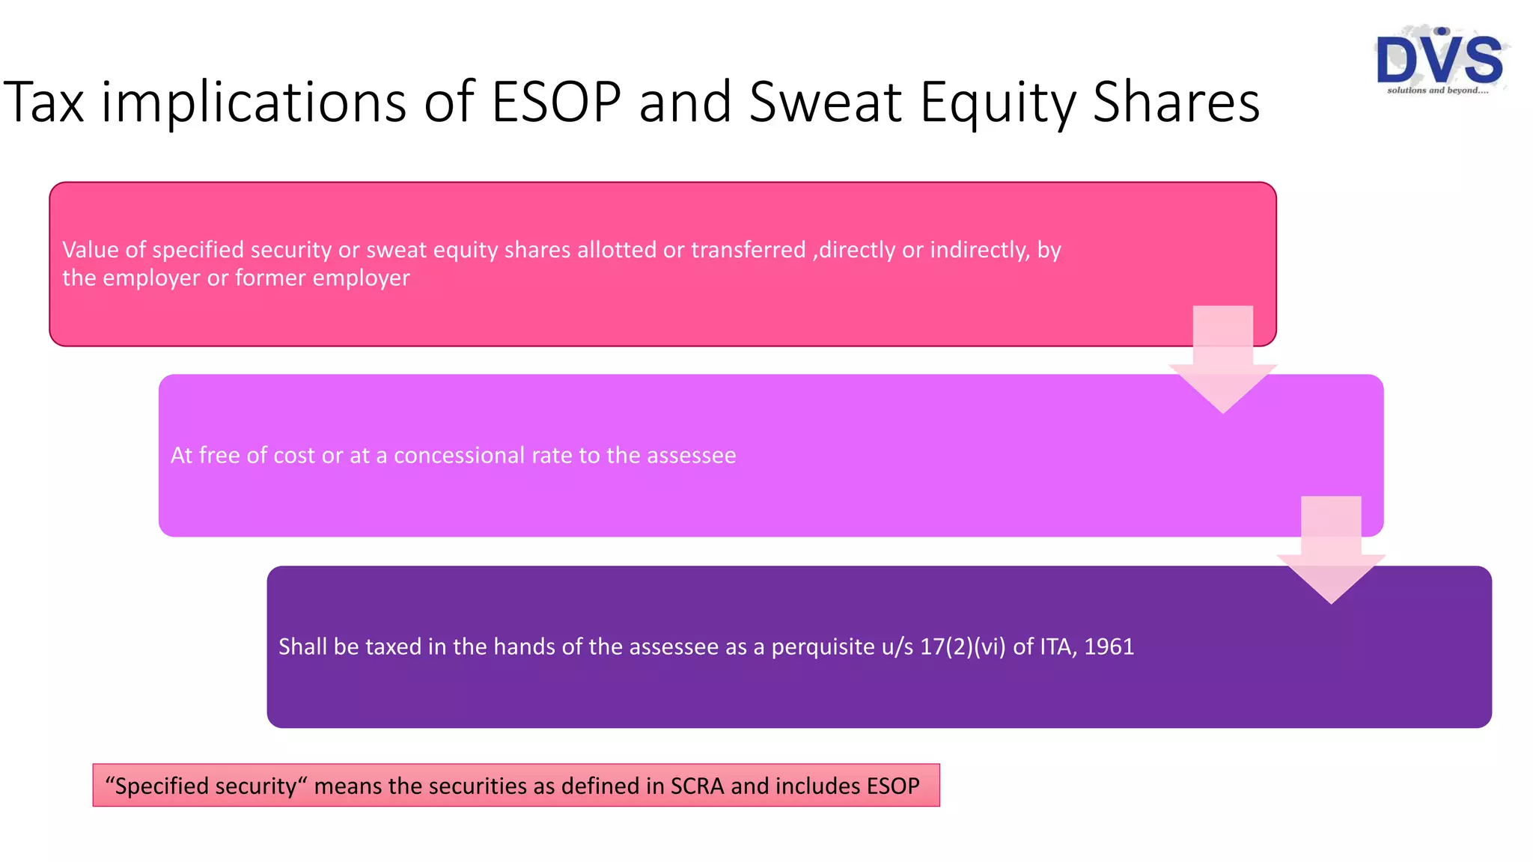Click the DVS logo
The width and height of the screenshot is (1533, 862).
[x=1439, y=58]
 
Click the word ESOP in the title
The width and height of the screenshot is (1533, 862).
[x=556, y=102]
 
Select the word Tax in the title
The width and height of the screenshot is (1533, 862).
[x=43, y=102]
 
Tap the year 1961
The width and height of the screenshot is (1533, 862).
[x=1109, y=646]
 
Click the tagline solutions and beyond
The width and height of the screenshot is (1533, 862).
[x=1437, y=91]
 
